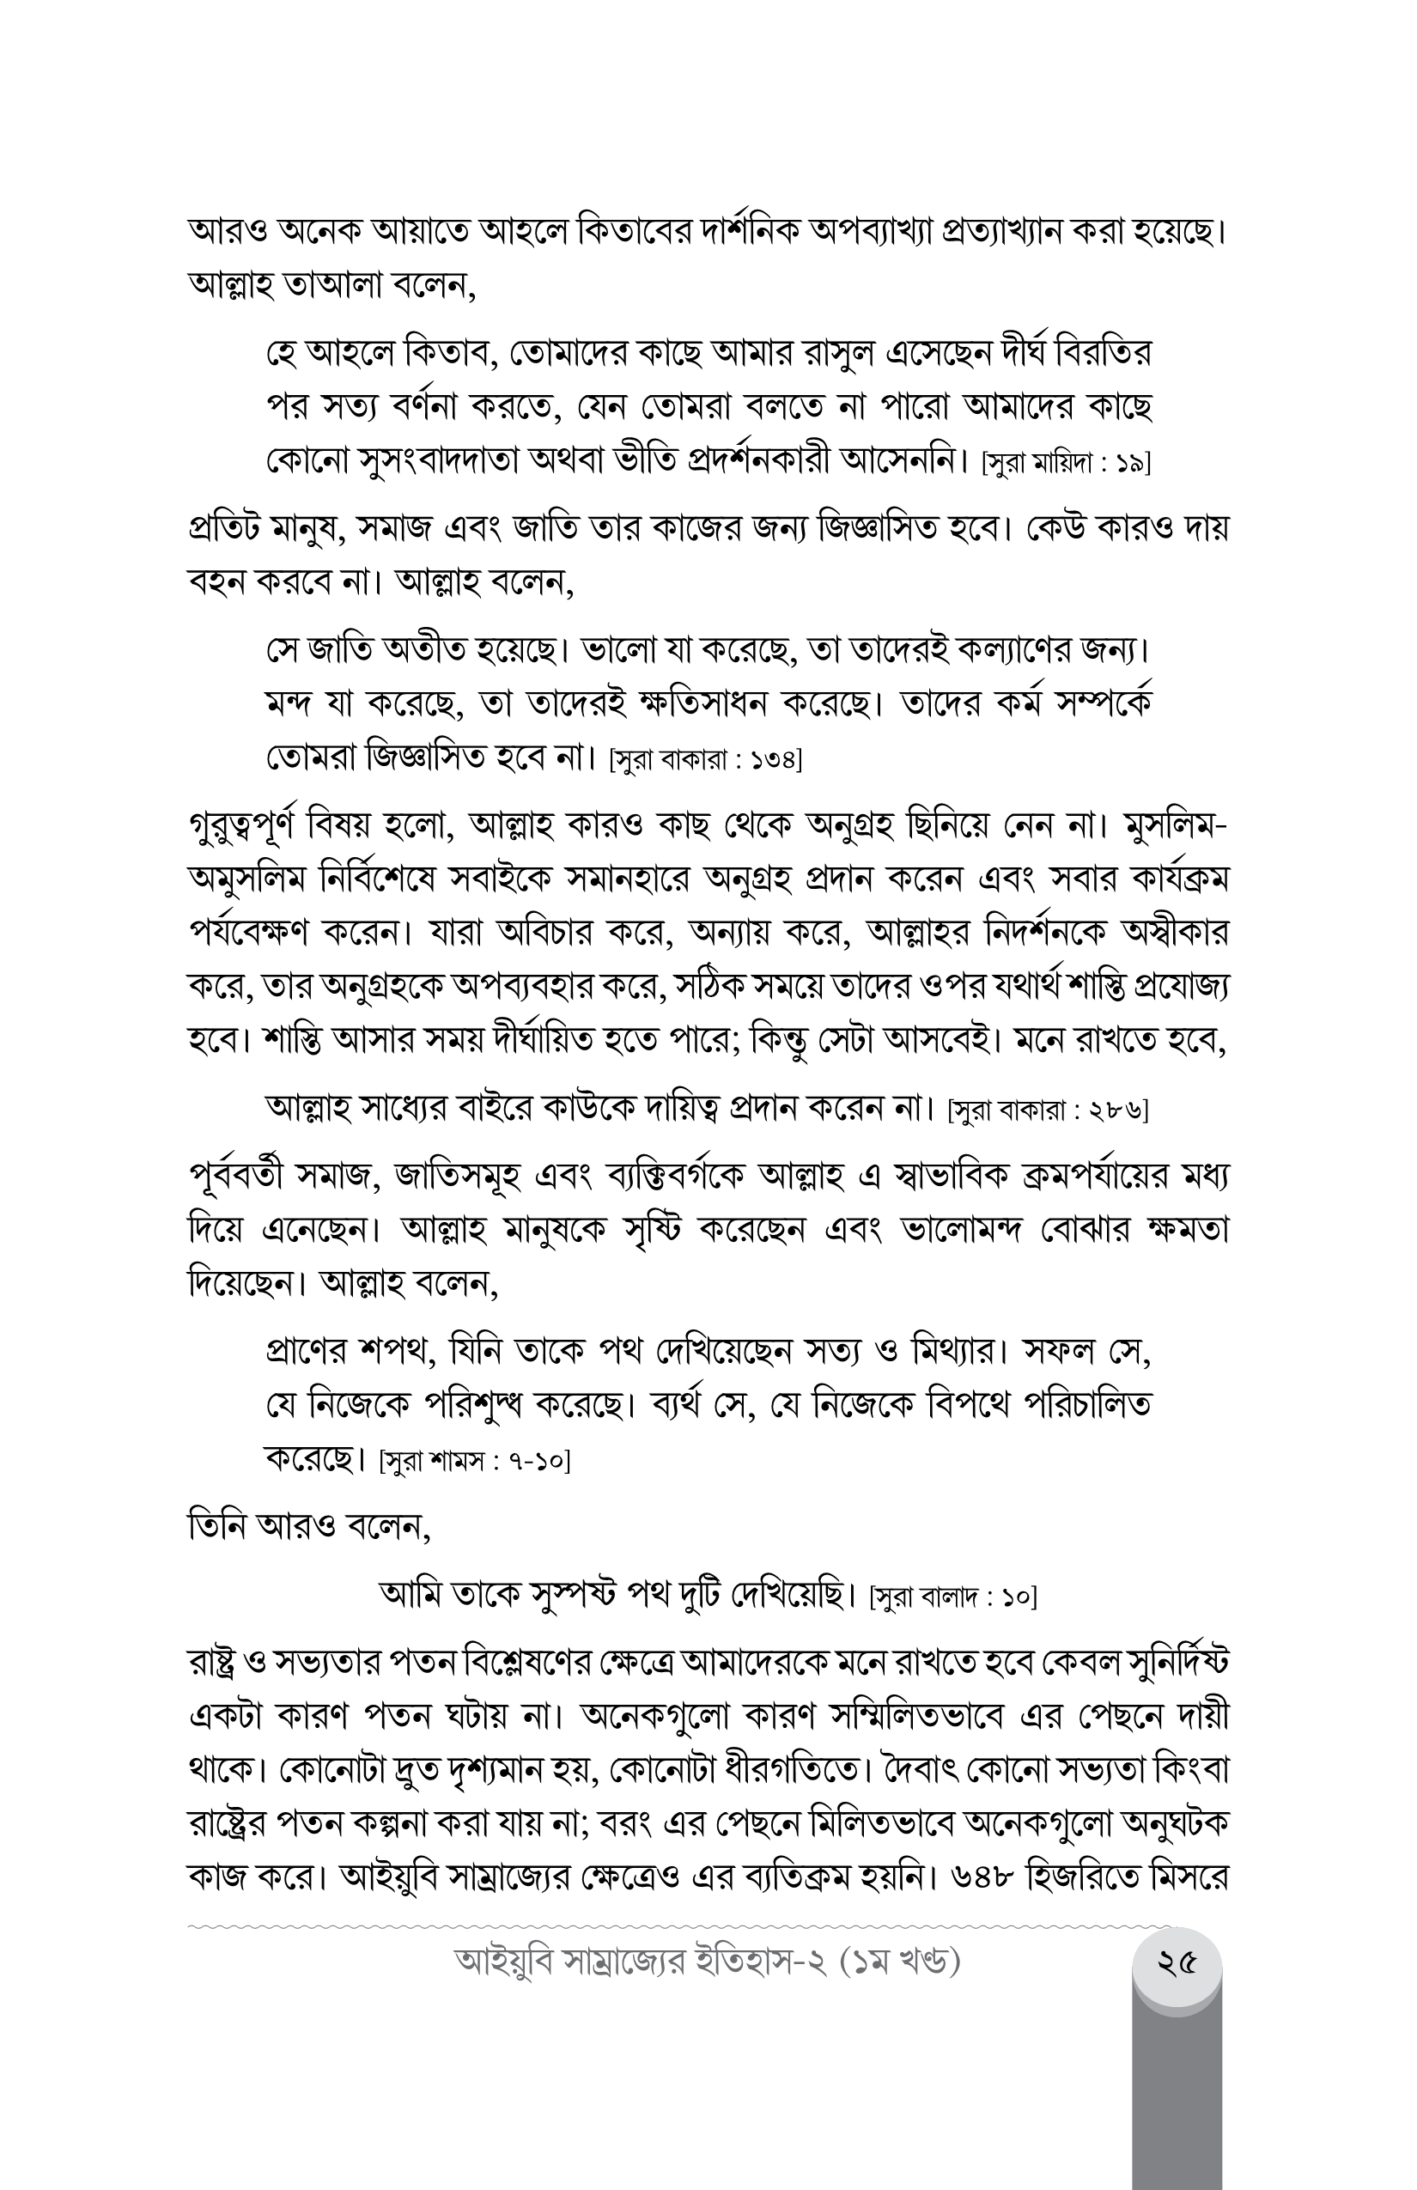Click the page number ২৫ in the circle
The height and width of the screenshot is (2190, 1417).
pyautogui.click(x=1177, y=1963)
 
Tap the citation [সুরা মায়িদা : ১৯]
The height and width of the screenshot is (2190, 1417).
pyautogui.click(x=1067, y=463)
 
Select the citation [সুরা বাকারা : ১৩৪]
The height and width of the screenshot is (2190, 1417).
pyautogui.click(x=706, y=760)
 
